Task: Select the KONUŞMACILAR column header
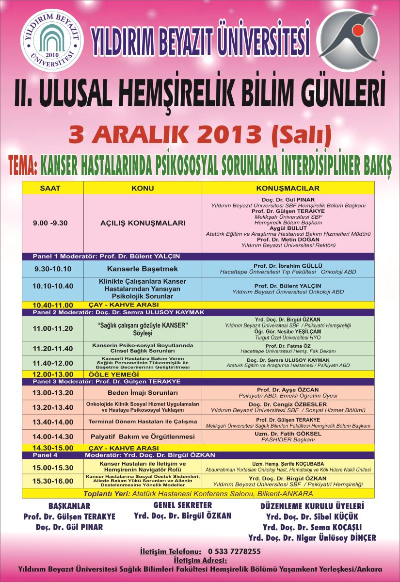288,188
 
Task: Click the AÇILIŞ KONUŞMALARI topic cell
143,224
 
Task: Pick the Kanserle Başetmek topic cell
143,269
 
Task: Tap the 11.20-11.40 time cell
53,348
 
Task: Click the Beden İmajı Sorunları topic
143,392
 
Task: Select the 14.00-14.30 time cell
53,436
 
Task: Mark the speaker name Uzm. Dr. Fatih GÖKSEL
288,434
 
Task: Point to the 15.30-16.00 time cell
53,481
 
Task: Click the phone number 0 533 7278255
235,551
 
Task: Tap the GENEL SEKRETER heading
182,505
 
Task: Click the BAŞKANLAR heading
69,506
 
